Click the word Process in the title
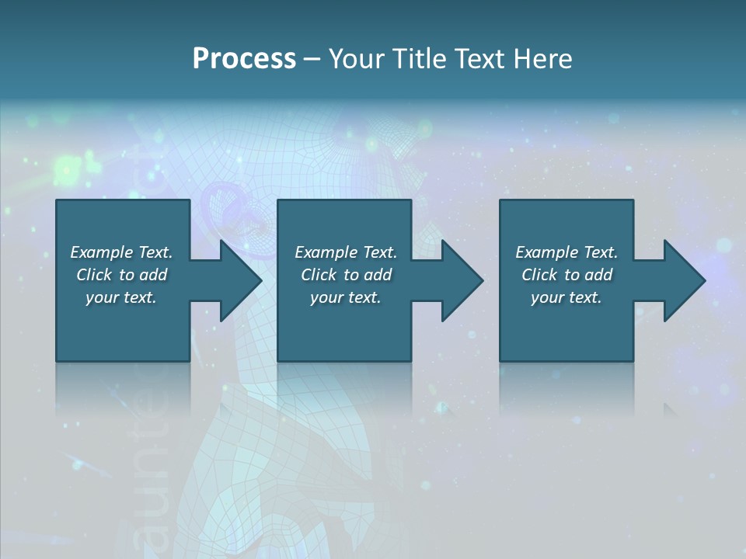[x=244, y=59]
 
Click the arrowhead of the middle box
[x=461, y=280]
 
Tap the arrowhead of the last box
[x=683, y=280]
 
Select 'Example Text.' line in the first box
[x=121, y=252]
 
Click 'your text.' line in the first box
[x=121, y=297]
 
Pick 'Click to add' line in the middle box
[x=346, y=275]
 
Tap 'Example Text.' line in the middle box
[x=346, y=252]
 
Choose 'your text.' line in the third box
[x=566, y=297]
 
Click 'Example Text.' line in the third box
[x=566, y=252]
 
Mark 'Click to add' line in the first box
[x=121, y=275]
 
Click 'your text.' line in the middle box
[x=346, y=297]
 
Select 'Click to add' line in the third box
[x=566, y=275]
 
